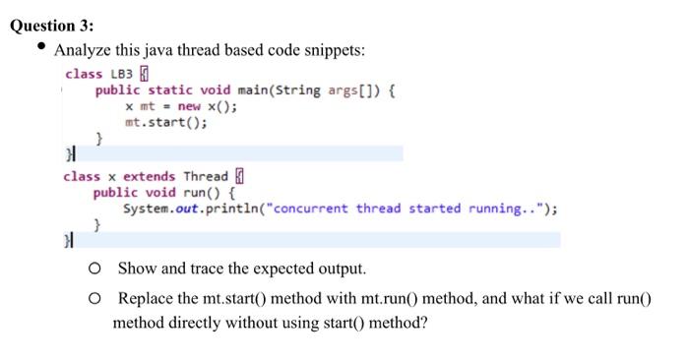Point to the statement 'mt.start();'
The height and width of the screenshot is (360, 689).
pyautogui.click(x=166, y=123)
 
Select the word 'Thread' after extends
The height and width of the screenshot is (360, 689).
pyautogui.click(x=206, y=176)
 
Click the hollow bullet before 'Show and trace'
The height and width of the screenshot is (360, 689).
pyautogui.click(x=94, y=268)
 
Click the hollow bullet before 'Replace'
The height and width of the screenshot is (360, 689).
pyautogui.click(x=94, y=298)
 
